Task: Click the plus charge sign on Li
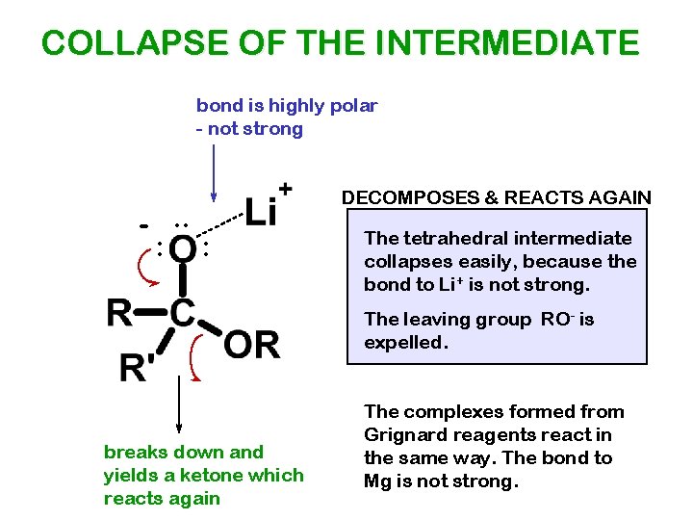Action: [286, 188]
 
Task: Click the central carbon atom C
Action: [183, 313]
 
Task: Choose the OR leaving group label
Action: [251, 344]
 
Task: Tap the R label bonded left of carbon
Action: [119, 313]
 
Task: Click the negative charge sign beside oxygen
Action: [143, 226]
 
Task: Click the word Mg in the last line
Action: [377, 481]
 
